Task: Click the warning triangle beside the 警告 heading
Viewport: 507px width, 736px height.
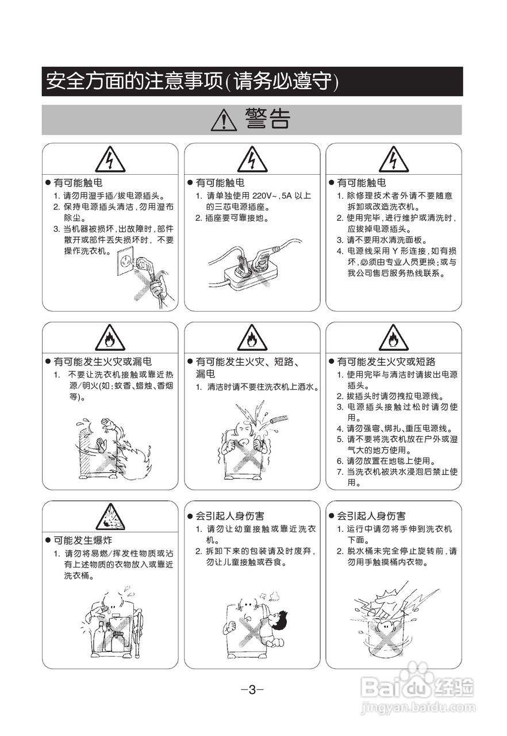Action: tap(224, 120)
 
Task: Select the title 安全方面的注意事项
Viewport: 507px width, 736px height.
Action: tap(133, 82)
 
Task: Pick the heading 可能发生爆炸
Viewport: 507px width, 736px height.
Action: tap(83, 540)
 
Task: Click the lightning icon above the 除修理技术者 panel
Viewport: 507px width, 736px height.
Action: tap(394, 159)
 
